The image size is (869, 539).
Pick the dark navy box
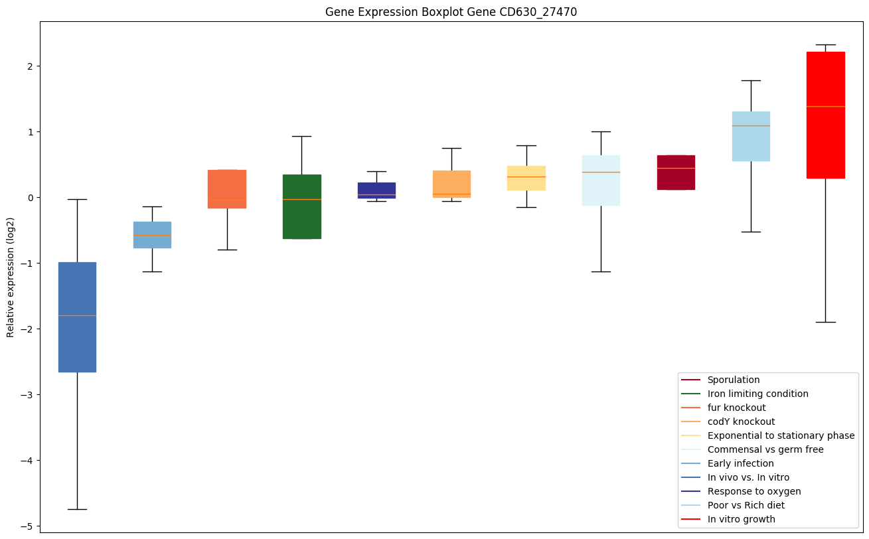pos(376,190)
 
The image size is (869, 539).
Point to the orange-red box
pos(227,189)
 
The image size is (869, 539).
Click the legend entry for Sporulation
pos(733,380)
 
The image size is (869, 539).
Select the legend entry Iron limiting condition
pos(757,394)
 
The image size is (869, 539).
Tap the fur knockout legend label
pos(736,408)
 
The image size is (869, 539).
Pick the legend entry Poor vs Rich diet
pos(746,506)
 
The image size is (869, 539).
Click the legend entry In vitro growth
pos(741,520)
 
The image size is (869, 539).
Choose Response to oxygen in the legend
pos(753,492)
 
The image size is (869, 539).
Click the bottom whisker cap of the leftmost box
pos(77,509)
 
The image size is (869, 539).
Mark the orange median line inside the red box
pos(825,106)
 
